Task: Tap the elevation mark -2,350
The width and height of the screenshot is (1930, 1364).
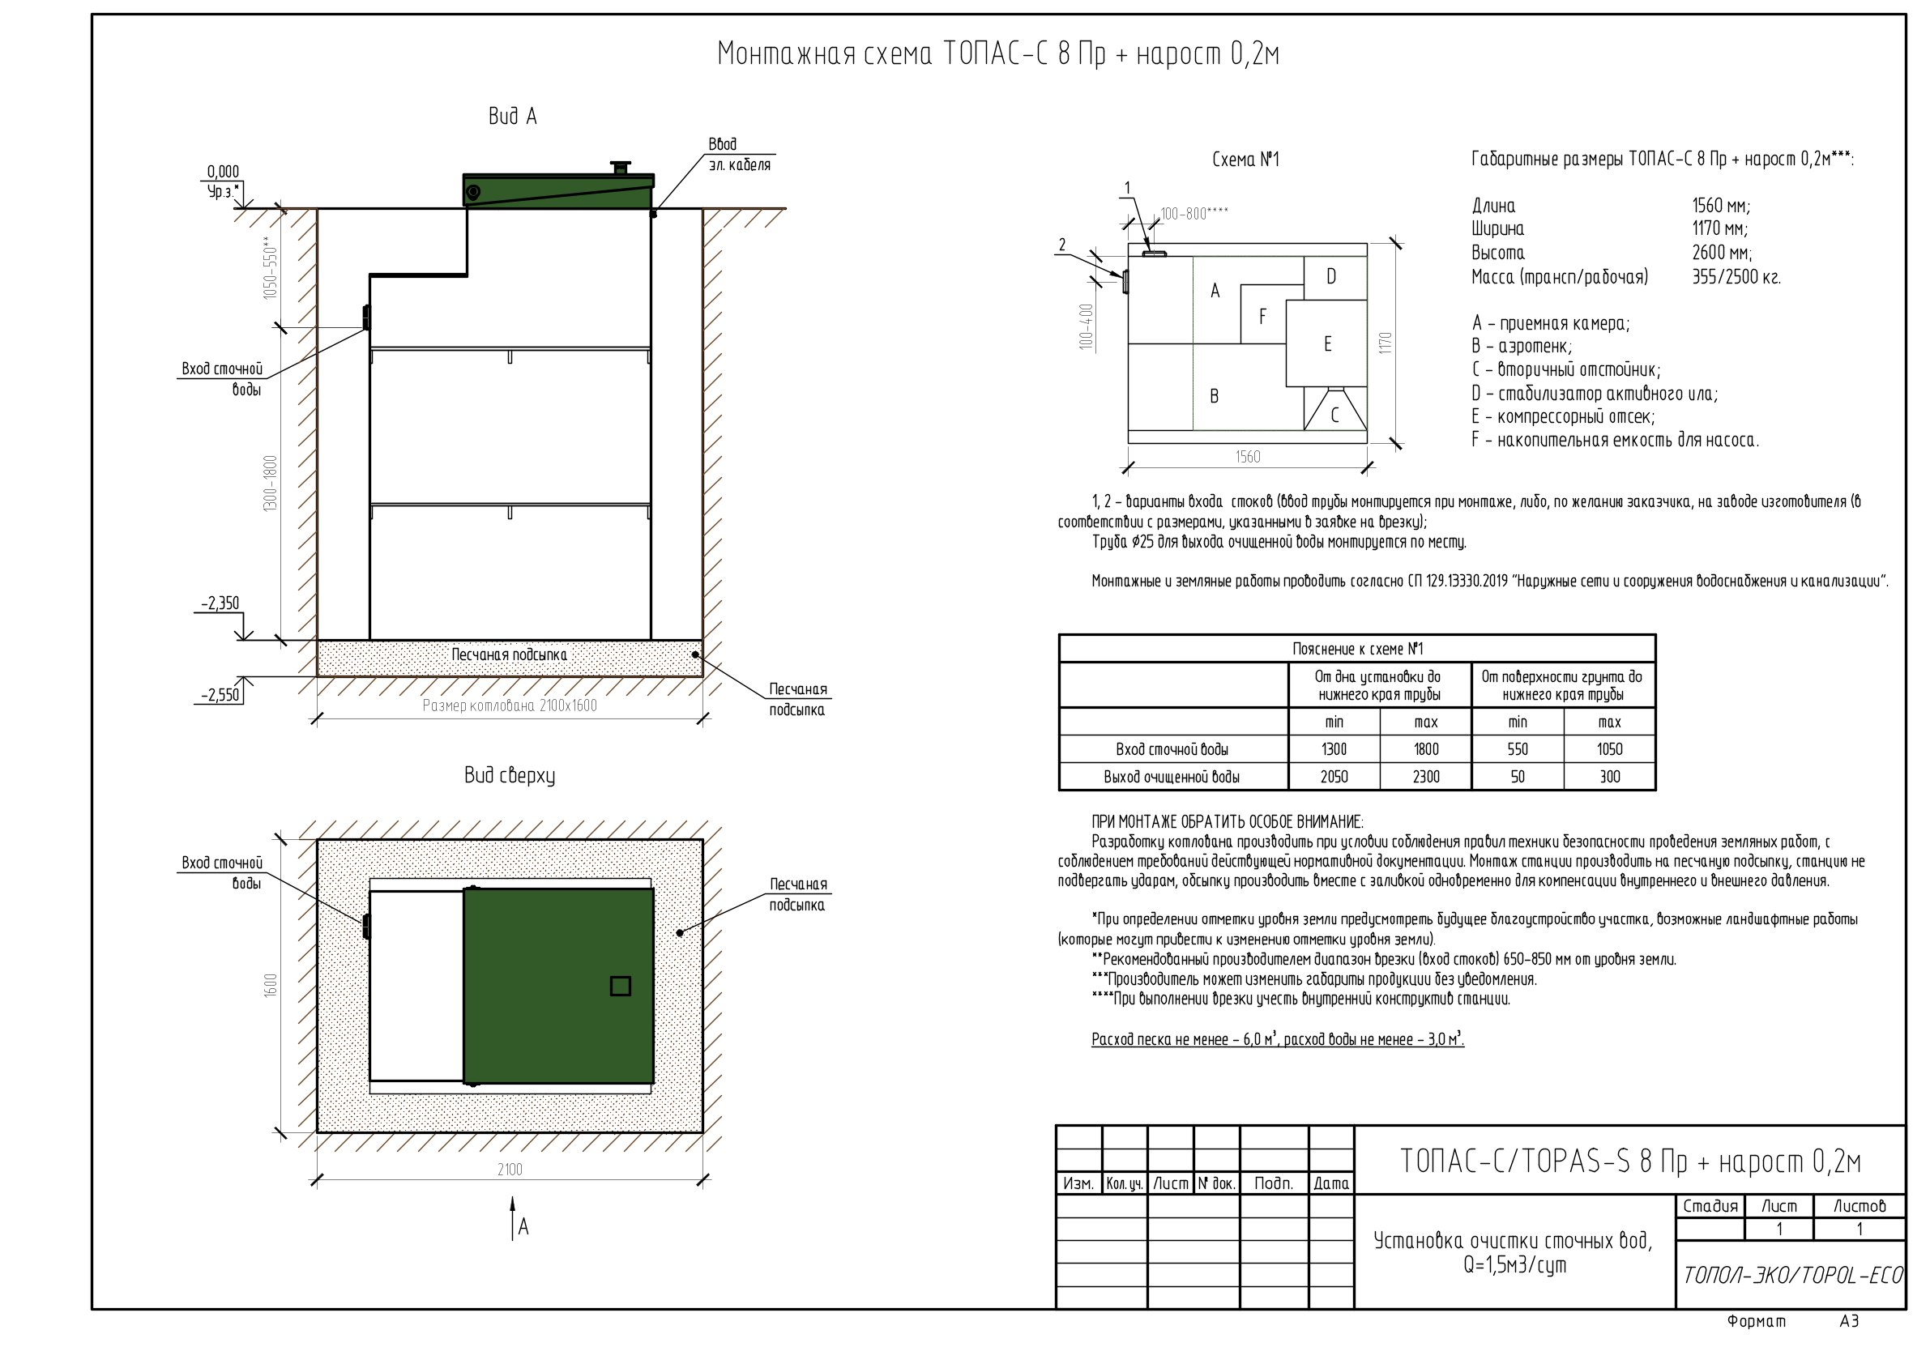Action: tap(220, 603)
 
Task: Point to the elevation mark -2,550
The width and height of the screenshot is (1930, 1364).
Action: tap(220, 696)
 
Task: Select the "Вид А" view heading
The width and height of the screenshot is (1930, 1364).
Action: tap(513, 116)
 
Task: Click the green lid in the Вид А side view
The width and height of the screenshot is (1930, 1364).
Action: tap(558, 190)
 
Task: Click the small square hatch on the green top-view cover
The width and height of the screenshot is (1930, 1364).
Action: tap(621, 986)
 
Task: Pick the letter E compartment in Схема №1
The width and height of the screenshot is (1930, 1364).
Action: tap(1327, 343)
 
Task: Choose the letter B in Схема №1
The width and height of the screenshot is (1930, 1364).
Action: tap(1214, 396)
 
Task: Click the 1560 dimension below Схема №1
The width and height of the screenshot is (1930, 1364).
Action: tap(1249, 456)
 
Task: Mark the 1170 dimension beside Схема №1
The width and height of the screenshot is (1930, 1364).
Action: tap(1386, 343)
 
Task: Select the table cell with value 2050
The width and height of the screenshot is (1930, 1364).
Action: tap(1334, 777)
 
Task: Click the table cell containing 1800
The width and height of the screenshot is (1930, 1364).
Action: tap(1426, 748)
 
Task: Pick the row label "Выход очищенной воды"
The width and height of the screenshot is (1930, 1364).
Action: tap(1172, 777)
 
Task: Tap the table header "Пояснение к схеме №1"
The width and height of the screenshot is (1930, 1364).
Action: tap(1357, 649)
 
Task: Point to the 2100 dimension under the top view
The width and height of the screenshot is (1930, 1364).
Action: tap(510, 1169)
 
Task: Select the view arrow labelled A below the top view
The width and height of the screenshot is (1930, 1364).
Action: tap(513, 1220)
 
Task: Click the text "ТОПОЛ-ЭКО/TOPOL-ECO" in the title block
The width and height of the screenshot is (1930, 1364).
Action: tap(1792, 1275)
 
